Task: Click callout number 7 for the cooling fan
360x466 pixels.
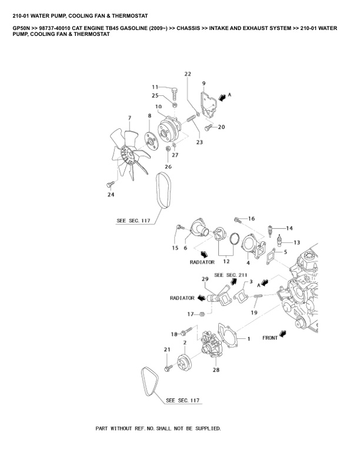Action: tap(129, 118)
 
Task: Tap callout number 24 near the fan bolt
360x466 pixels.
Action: tap(111, 195)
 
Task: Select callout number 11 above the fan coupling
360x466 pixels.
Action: tap(156, 87)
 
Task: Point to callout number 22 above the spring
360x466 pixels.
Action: tap(188, 74)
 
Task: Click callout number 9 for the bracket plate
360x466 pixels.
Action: tap(204, 83)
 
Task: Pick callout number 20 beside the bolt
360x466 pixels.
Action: tap(222, 127)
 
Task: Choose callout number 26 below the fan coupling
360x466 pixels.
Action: tap(168, 167)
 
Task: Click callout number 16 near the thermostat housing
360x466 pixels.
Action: tap(251, 218)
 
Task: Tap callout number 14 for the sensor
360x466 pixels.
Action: tap(289, 228)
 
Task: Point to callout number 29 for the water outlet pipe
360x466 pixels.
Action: tap(205, 278)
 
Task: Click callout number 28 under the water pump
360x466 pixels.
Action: tap(216, 370)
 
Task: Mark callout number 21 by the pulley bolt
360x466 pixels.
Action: tap(166, 350)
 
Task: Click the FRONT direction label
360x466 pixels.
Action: tap(270, 339)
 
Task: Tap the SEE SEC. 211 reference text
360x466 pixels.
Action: tap(229, 275)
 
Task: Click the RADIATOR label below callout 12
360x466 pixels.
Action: tap(202, 262)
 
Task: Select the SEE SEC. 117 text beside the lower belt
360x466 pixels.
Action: tap(183, 401)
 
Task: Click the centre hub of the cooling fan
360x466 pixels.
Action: tap(125, 155)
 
